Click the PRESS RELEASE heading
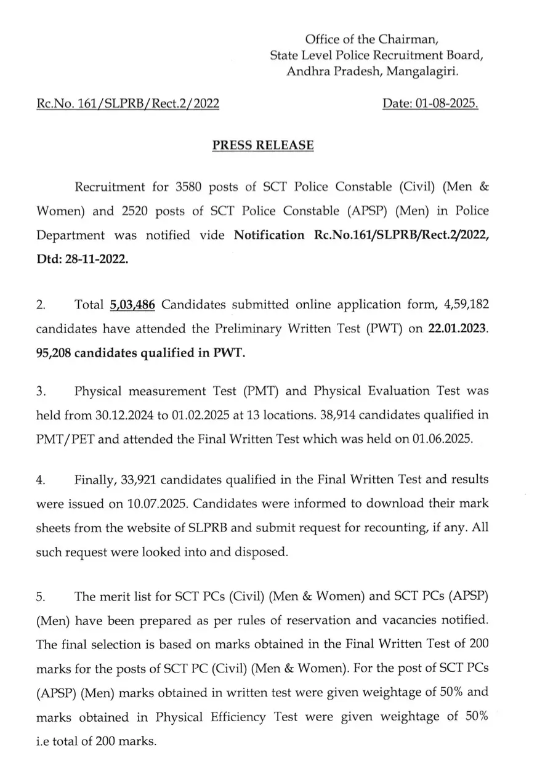pos(263,145)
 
